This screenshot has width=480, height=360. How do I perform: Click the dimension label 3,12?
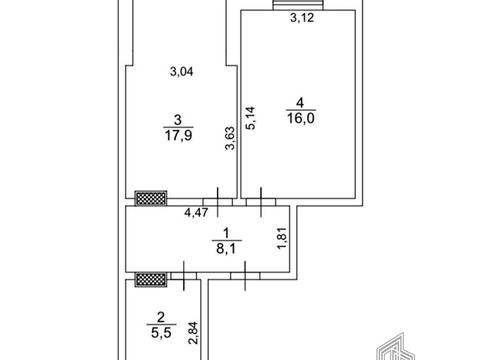click(x=302, y=18)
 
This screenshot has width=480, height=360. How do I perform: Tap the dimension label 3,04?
click(x=182, y=71)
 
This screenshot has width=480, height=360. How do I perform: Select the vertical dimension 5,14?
click(x=250, y=117)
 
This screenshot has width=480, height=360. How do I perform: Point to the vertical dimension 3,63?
click(x=230, y=138)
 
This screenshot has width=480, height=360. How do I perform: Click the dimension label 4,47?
click(x=196, y=212)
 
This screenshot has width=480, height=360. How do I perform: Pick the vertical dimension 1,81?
click(x=282, y=238)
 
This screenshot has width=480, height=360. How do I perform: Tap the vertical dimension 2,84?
click(x=194, y=333)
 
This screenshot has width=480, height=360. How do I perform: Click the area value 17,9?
click(x=178, y=135)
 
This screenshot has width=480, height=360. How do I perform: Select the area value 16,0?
click(x=301, y=118)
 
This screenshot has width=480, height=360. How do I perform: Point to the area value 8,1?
click(x=226, y=248)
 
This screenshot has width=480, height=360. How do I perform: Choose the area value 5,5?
click(x=161, y=333)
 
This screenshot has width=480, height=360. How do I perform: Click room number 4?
click(x=300, y=102)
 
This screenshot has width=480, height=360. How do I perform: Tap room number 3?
click(x=178, y=120)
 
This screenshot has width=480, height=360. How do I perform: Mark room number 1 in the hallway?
click(x=226, y=233)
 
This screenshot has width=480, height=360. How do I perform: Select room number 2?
click(x=161, y=317)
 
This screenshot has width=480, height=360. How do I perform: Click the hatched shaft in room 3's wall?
click(x=151, y=198)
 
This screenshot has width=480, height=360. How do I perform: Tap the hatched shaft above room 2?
click(x=151, y=279)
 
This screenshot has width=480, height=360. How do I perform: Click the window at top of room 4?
click(x=298, y=5)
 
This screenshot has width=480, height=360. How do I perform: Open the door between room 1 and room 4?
click(x=261, y=202)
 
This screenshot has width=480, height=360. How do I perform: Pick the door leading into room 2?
click(x=184, y=276)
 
